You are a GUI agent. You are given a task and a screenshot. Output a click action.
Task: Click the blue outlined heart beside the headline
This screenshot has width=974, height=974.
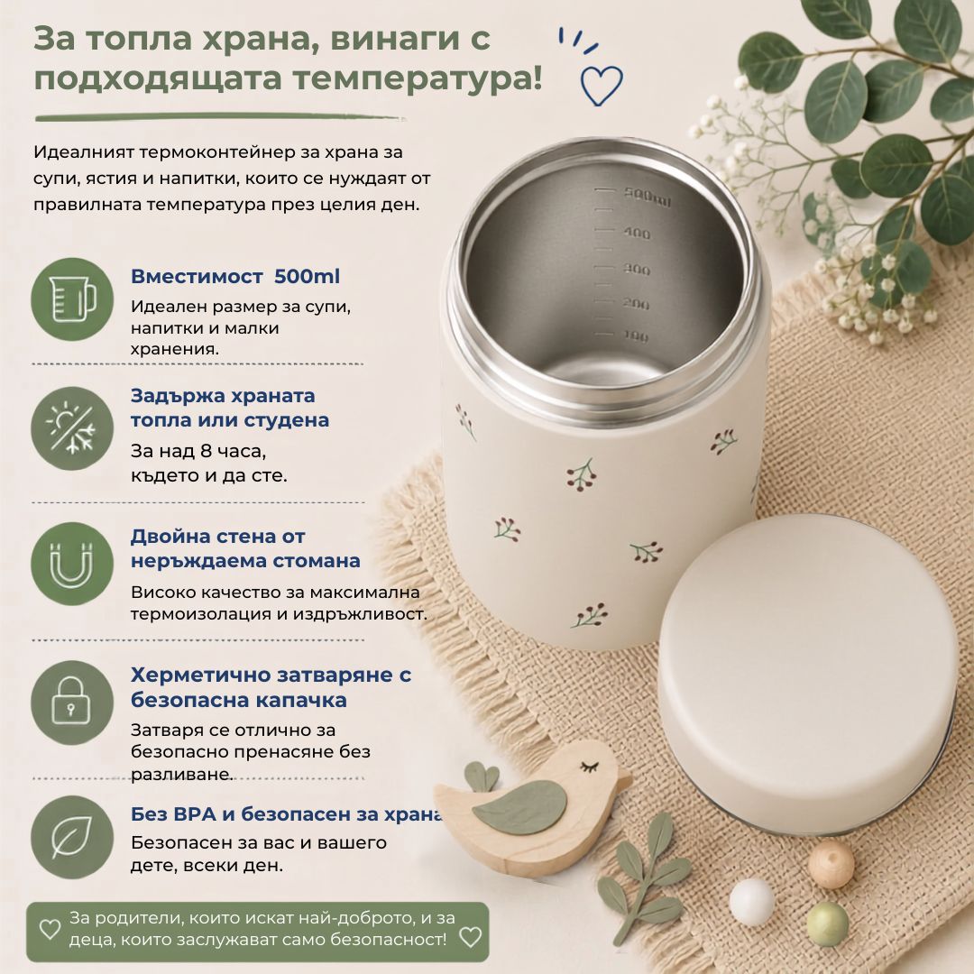pyautogui.click(x=601, y=85)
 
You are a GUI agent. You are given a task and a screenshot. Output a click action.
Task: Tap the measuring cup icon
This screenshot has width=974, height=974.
pyautogui.click(x=73, y=299)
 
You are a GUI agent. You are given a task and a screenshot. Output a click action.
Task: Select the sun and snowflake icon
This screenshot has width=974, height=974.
pyautogui.click(x=72, y=428)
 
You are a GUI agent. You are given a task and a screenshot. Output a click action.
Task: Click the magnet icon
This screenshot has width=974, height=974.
pyautogui.click(x=72, y=565)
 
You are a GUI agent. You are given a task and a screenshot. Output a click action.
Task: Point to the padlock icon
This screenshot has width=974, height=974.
pyautogui.click(x=71, y=702)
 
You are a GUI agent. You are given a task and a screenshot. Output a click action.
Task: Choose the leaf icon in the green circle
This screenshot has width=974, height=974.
pyautogui.click(x=71, y=837)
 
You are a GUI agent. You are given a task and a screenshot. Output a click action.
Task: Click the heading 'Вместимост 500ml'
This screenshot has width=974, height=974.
pyautogui.click(x=234, y=277)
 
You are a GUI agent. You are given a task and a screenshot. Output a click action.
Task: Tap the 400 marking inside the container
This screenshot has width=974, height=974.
pyautogui.click(x=637, y=234)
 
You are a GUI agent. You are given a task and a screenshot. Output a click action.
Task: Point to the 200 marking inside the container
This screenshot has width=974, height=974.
pyautogui.click(x=636, y=305)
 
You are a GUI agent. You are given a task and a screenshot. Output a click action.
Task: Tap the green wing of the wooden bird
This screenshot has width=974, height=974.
pyautogui.click(x=519, y=807)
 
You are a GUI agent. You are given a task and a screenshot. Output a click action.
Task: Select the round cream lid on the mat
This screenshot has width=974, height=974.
pyautogui.click(x=807, y=674)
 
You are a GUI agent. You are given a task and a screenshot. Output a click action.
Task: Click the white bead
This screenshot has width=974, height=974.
pyautogui.click(x=751, y=902)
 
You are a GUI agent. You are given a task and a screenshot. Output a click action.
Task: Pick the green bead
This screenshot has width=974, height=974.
pyautogui.click(x=827, y=923)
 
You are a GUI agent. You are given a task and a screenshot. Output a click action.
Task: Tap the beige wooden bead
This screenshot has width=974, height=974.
pyautogui.click(x=832, y=863)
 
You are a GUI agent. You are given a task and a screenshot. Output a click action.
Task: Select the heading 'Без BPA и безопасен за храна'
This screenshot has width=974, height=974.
pyautogui.click(x=287, y=813)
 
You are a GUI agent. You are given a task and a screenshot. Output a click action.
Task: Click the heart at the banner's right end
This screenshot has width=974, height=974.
pyautogui.click(x=470, y=937)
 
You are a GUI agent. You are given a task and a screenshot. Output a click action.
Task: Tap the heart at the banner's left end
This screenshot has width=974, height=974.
pyautogui.click(x=50, y=929)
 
